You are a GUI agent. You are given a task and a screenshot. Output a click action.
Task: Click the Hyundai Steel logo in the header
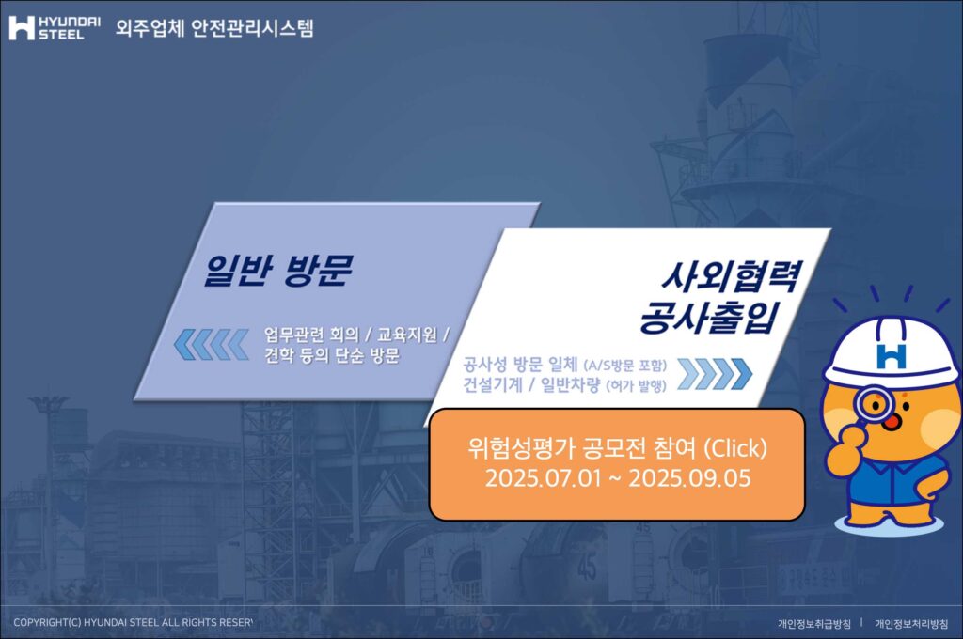point(54,27)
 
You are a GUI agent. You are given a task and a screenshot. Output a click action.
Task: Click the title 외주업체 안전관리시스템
point(214,27)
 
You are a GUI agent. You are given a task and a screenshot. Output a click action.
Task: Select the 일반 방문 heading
point(278,270)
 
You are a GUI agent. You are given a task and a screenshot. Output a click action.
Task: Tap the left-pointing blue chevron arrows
point(212,344)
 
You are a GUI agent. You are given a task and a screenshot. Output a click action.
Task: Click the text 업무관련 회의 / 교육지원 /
point(356,335)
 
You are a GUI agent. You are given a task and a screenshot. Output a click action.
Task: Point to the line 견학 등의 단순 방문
point(332,355)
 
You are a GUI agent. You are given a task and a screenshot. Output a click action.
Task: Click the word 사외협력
point(731,276)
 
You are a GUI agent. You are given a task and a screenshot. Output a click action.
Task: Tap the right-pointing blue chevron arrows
point(715,374)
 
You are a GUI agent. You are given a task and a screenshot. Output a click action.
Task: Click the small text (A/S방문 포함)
point(624,366)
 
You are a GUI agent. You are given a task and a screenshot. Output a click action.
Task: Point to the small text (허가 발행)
point(636,386)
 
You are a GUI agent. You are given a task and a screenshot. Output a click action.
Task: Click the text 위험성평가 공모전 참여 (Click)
point(617,448)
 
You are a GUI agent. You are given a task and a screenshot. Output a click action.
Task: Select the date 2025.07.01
point(544,478)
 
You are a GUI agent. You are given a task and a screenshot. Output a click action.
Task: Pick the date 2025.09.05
point(689,478)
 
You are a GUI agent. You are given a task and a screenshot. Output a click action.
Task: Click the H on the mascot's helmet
point(892,355)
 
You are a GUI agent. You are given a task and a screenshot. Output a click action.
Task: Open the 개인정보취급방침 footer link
point(814,624)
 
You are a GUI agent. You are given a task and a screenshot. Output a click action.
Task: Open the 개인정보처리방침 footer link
point(911,624)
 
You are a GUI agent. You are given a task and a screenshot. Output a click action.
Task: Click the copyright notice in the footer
point(134,622)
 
